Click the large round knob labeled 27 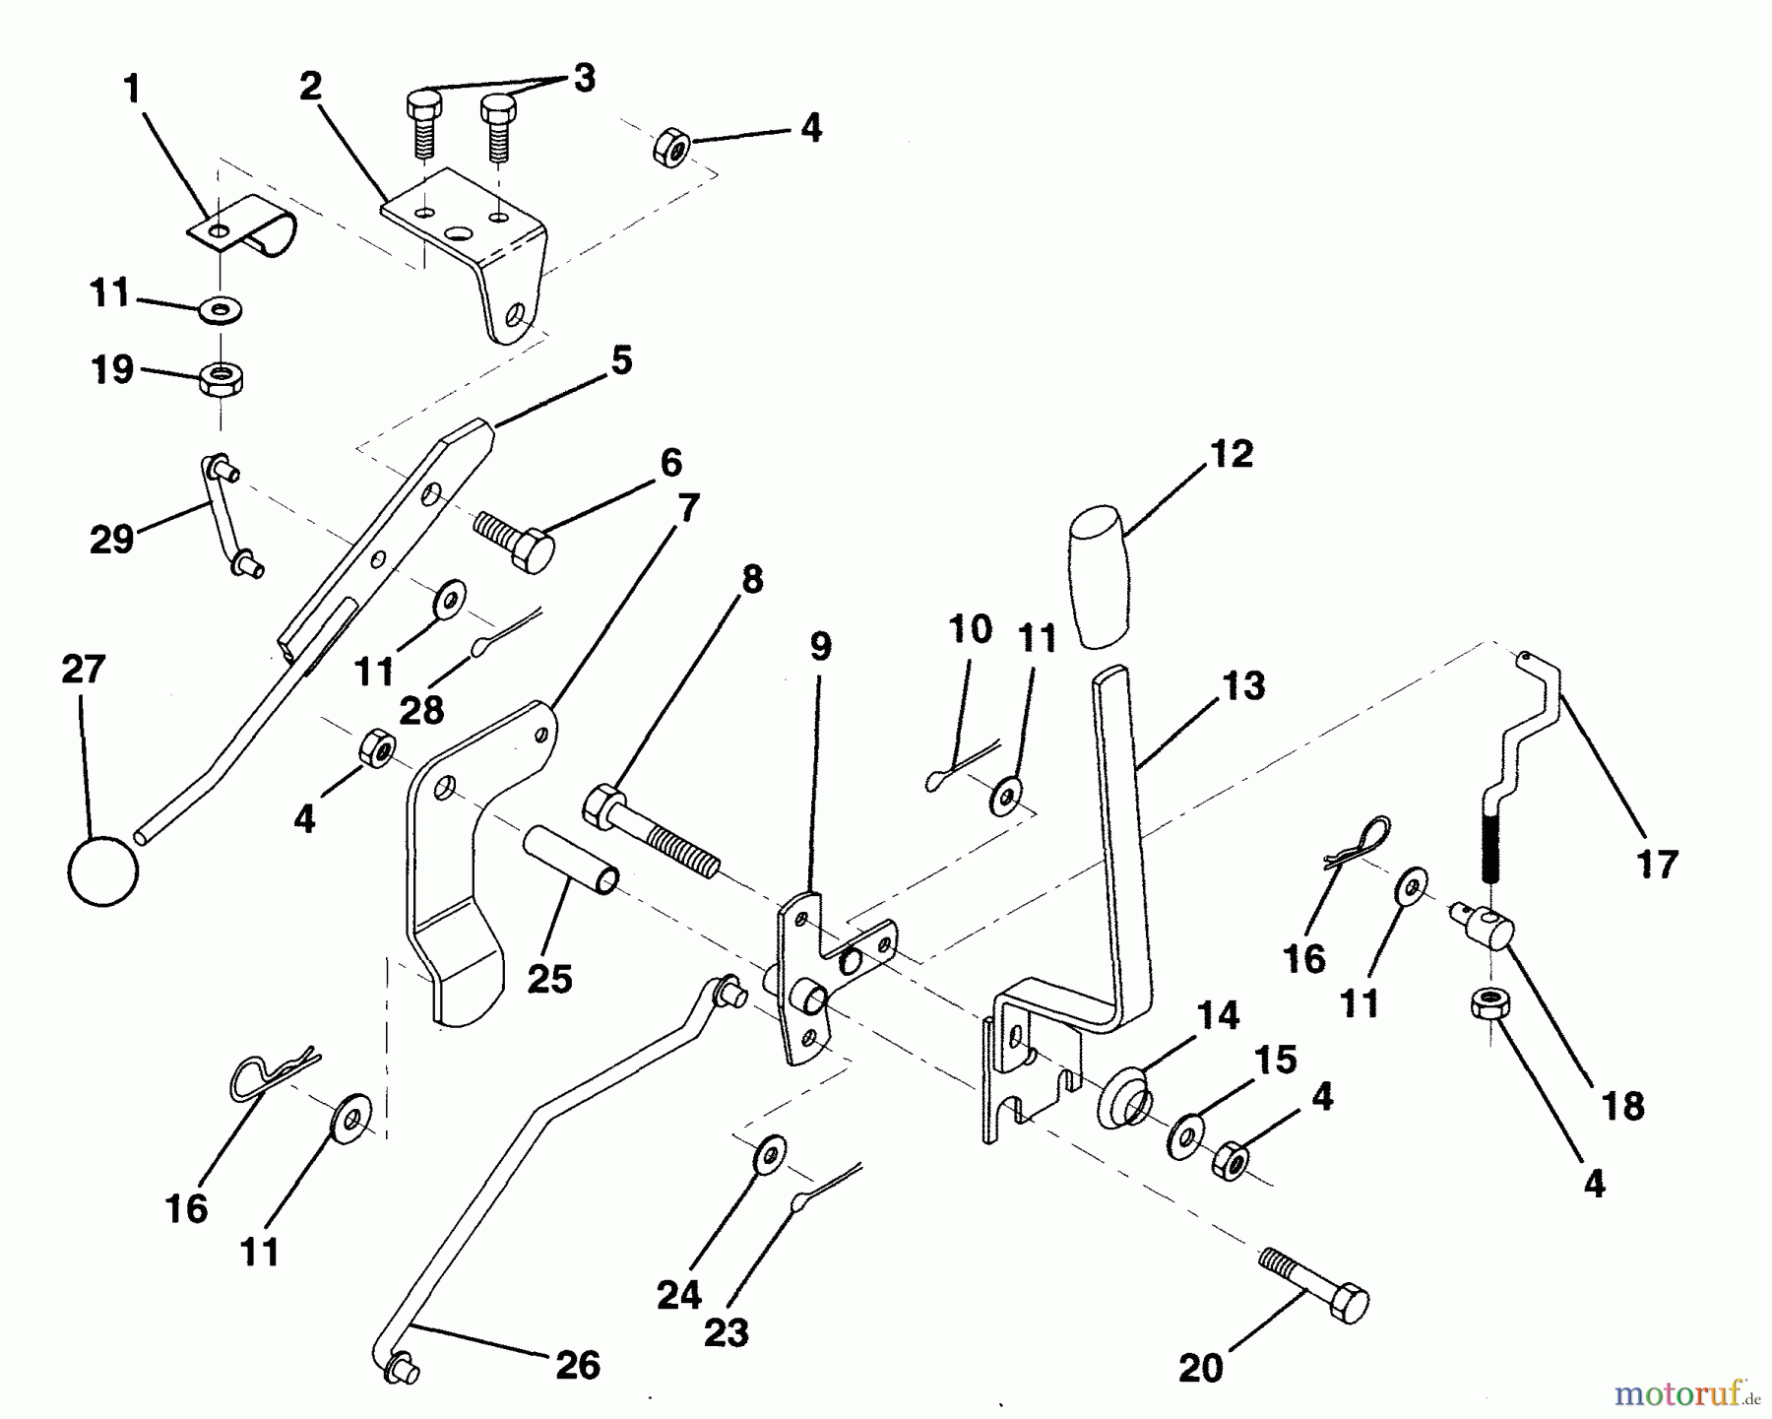coord(102,871)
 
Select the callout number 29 coord(111,539)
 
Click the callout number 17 coord(1656,866)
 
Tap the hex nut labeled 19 coord(221,377)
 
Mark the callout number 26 coord(577,1365)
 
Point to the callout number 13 coord(1242,685)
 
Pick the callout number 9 coord(820,647)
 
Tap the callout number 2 coord(310,87)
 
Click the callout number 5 coord(621,360)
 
